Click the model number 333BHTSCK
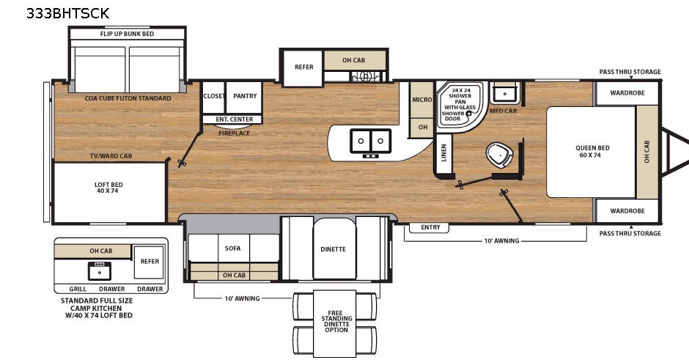67,13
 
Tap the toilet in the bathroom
500,155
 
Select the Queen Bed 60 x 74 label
592,151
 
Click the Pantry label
245,96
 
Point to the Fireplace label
235,133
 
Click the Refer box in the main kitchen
303,67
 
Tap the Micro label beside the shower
422,100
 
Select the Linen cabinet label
443,153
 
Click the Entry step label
430,227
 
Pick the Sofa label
232,249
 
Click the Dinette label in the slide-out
333,249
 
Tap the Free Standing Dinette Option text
336,321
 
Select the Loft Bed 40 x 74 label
108,188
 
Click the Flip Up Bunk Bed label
127,34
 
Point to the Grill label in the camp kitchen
78,289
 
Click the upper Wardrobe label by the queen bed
627,92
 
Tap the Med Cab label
503,111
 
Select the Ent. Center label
235,119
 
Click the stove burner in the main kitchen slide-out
366,76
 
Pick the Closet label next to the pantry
214,96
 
